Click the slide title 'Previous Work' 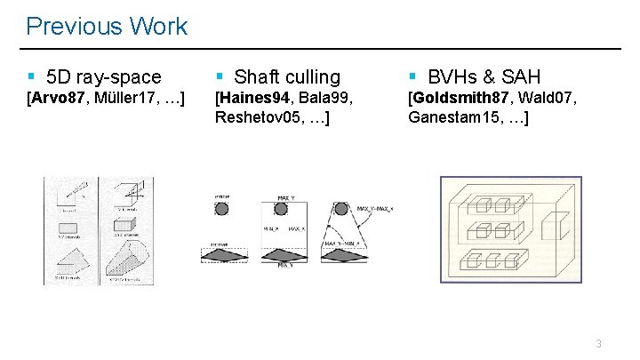[107, 26]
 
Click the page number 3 [599, 343]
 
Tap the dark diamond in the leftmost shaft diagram [221, 255]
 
